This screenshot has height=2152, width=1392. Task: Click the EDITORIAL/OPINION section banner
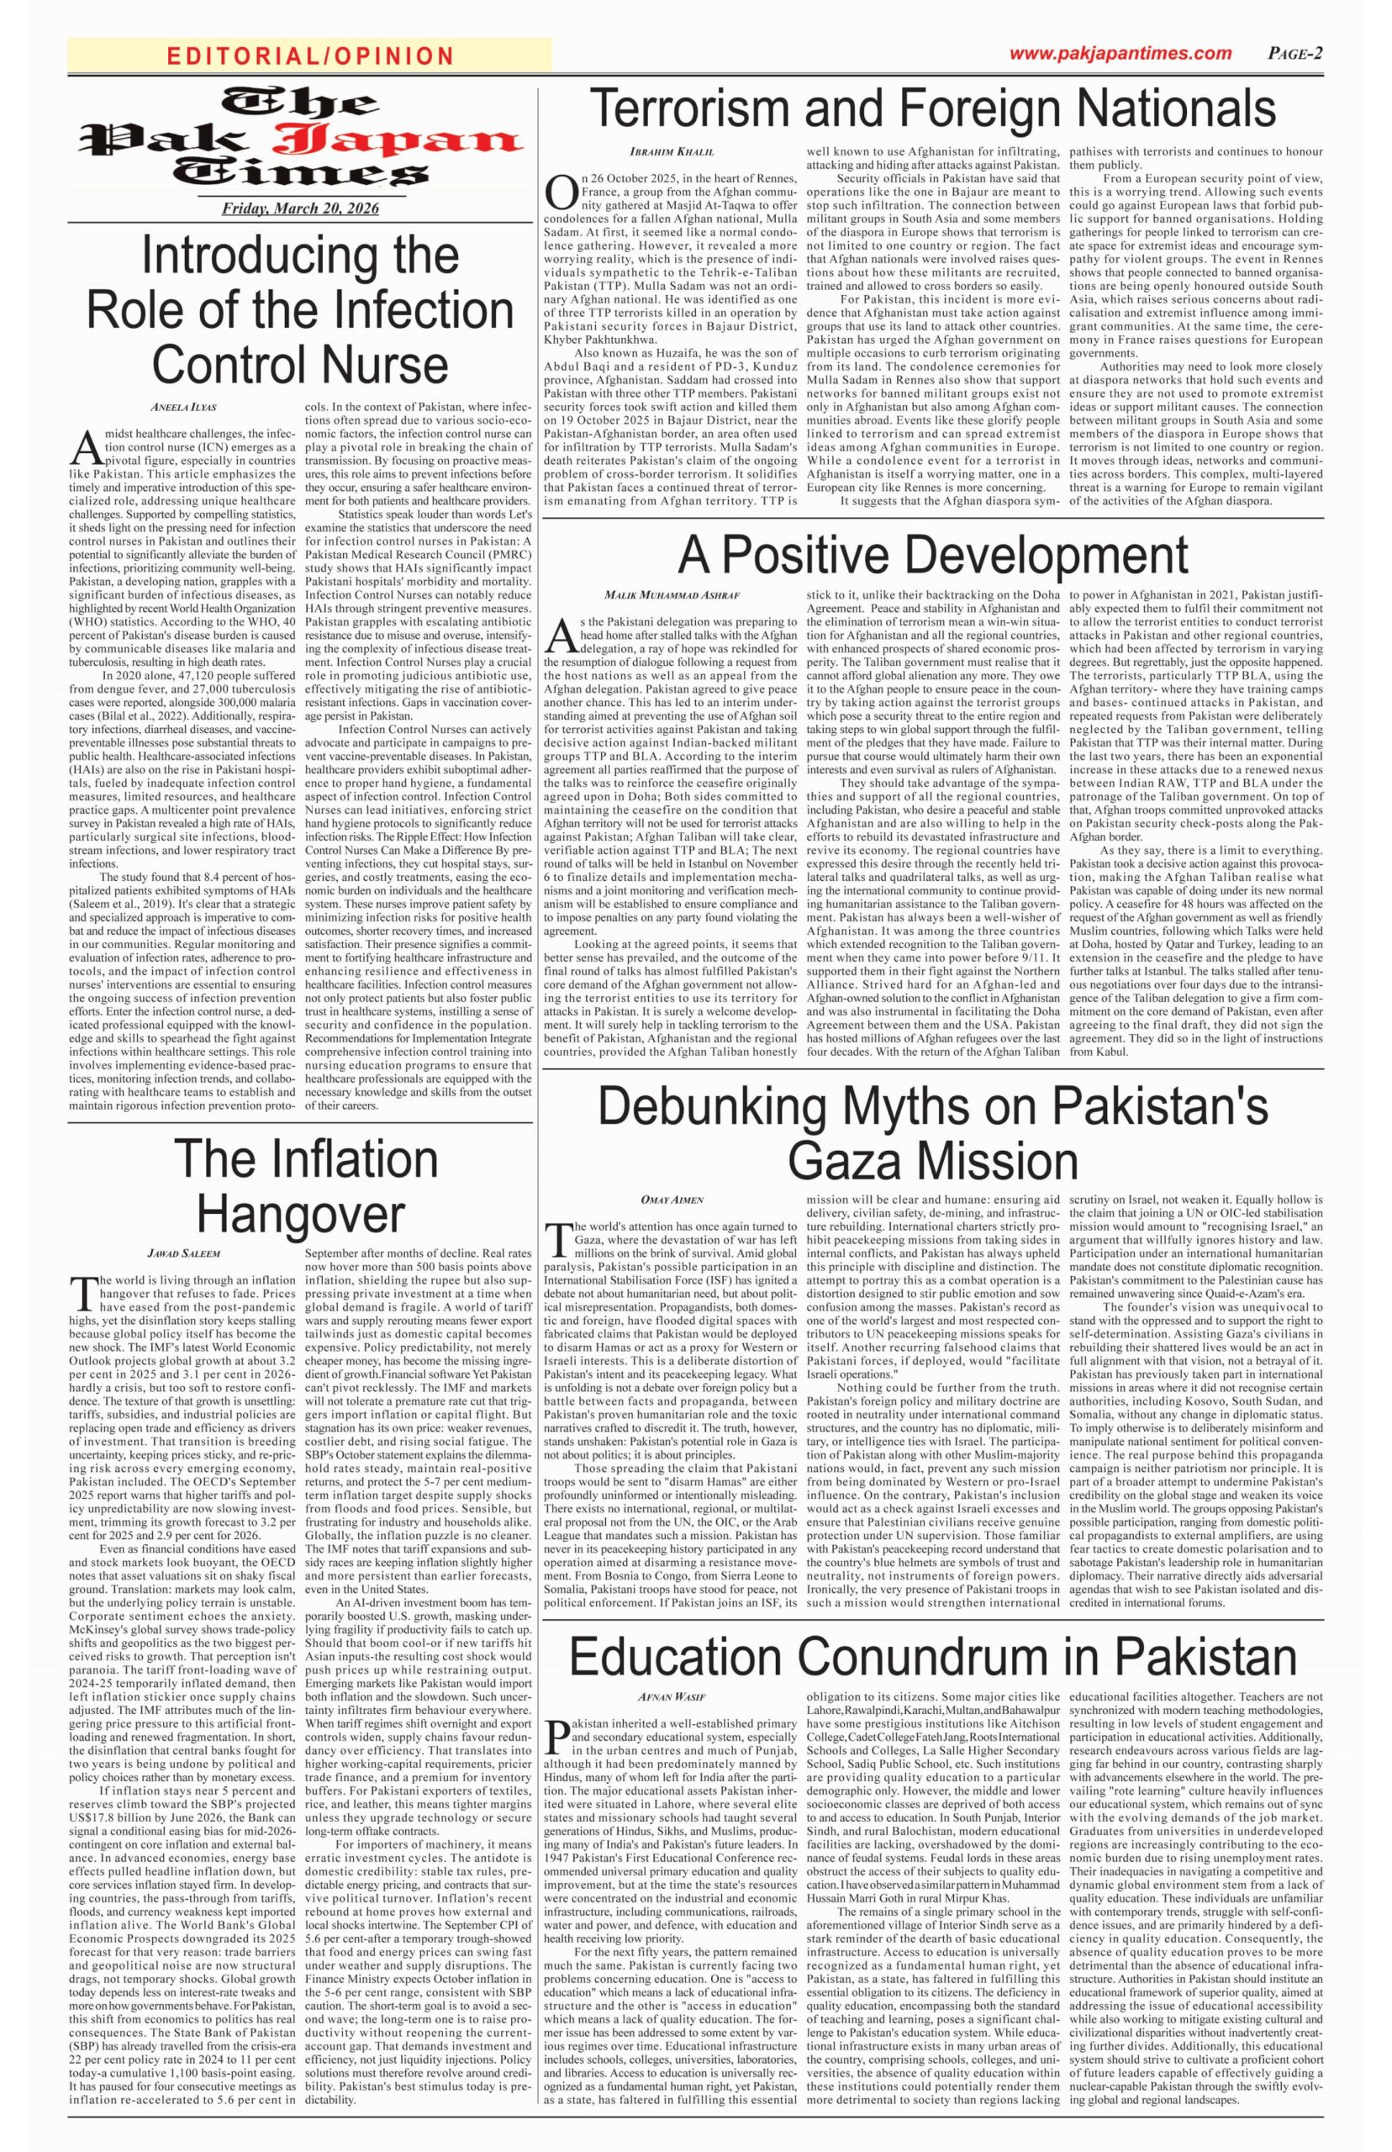point(309,56)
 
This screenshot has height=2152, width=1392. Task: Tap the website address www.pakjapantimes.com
point(1120,53)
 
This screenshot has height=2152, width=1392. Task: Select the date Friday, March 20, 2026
point(301,208)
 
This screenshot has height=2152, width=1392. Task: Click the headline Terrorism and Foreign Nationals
point(932,108)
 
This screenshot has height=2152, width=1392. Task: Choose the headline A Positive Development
point(933,554)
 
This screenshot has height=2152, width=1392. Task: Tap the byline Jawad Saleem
point(183,1253)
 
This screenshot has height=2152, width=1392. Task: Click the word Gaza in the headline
point(857,1159)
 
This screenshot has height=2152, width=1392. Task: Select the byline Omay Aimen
point(672,1200)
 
